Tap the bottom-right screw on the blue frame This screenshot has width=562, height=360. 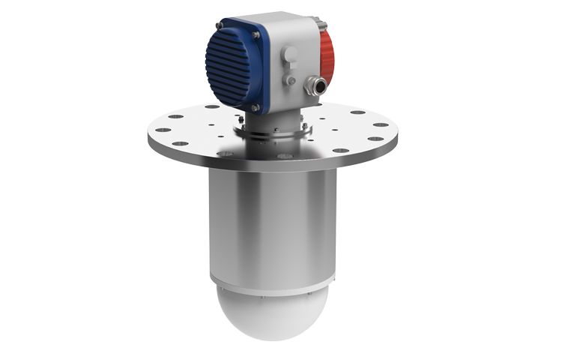(257, 108)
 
